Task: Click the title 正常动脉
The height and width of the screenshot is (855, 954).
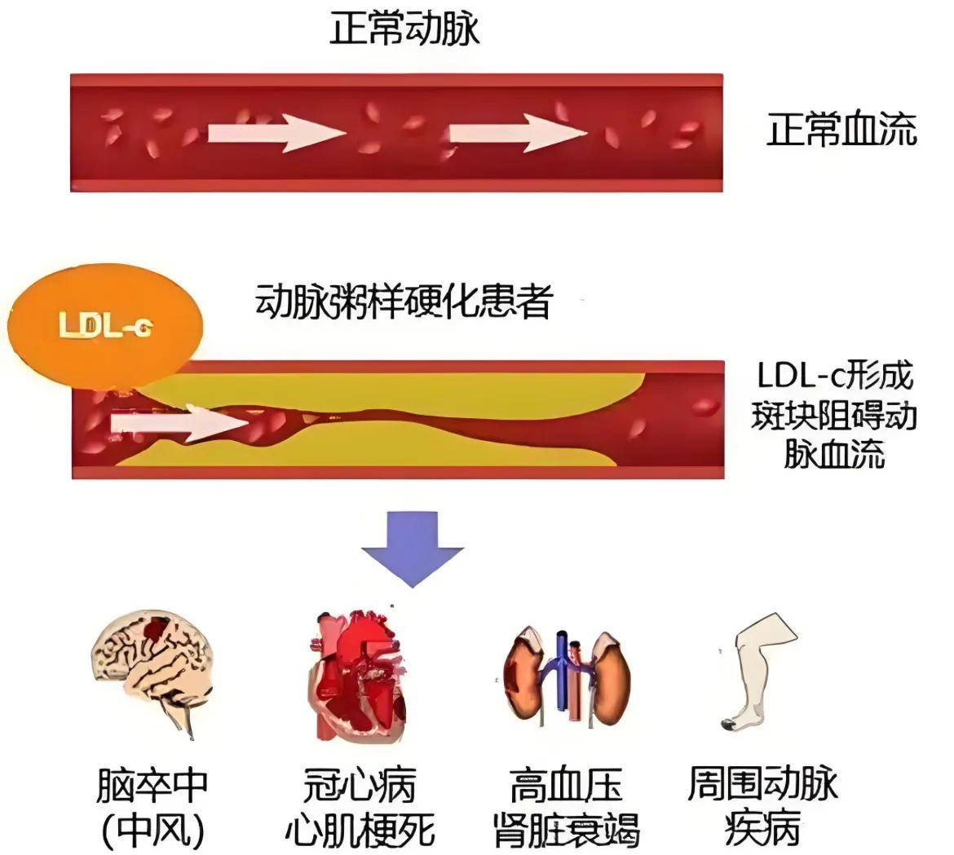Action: [x=404, y=29]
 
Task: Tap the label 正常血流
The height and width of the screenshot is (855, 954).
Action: [x=841, y=130]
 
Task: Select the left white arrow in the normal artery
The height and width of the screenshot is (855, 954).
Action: [x=276, y=131]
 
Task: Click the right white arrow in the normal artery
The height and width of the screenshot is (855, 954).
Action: [x=518, y=131]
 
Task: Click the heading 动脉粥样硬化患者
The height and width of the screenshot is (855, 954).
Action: [x=404, y=301]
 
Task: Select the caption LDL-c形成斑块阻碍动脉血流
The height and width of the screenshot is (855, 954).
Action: [x=835, y=415]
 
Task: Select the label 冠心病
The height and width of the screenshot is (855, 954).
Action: [x=359, y=785]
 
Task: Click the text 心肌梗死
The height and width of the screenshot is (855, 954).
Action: [x=359, y=830]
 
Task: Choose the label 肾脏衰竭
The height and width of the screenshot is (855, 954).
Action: [x=566, y=830]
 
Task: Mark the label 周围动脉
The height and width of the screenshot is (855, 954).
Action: [x=762, y=785]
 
